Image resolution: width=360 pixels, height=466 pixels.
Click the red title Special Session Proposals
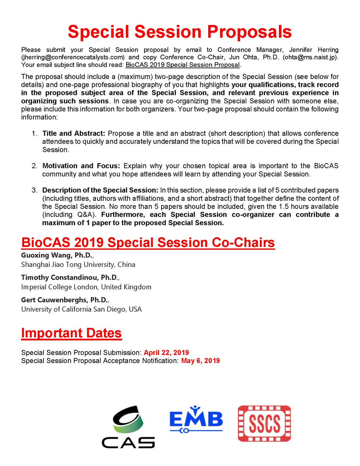coord(179,32)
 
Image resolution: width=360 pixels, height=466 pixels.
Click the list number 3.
coord(35,190)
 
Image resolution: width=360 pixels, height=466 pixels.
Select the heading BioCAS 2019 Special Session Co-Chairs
coord(148,243)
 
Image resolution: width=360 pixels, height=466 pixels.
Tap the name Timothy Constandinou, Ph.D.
coord(65,278)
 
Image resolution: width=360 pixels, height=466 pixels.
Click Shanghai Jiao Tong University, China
coord(78,265)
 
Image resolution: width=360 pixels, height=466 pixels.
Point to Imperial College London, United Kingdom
coord(86,287)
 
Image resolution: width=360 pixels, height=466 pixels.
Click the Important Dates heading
coord(71,333)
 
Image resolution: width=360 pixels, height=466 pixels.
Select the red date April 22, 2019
coord(166,353)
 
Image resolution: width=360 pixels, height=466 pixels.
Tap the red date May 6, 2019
coord(200,360)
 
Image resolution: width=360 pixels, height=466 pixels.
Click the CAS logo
coord(128,426)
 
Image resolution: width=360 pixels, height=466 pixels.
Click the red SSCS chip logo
coord(264,423)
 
